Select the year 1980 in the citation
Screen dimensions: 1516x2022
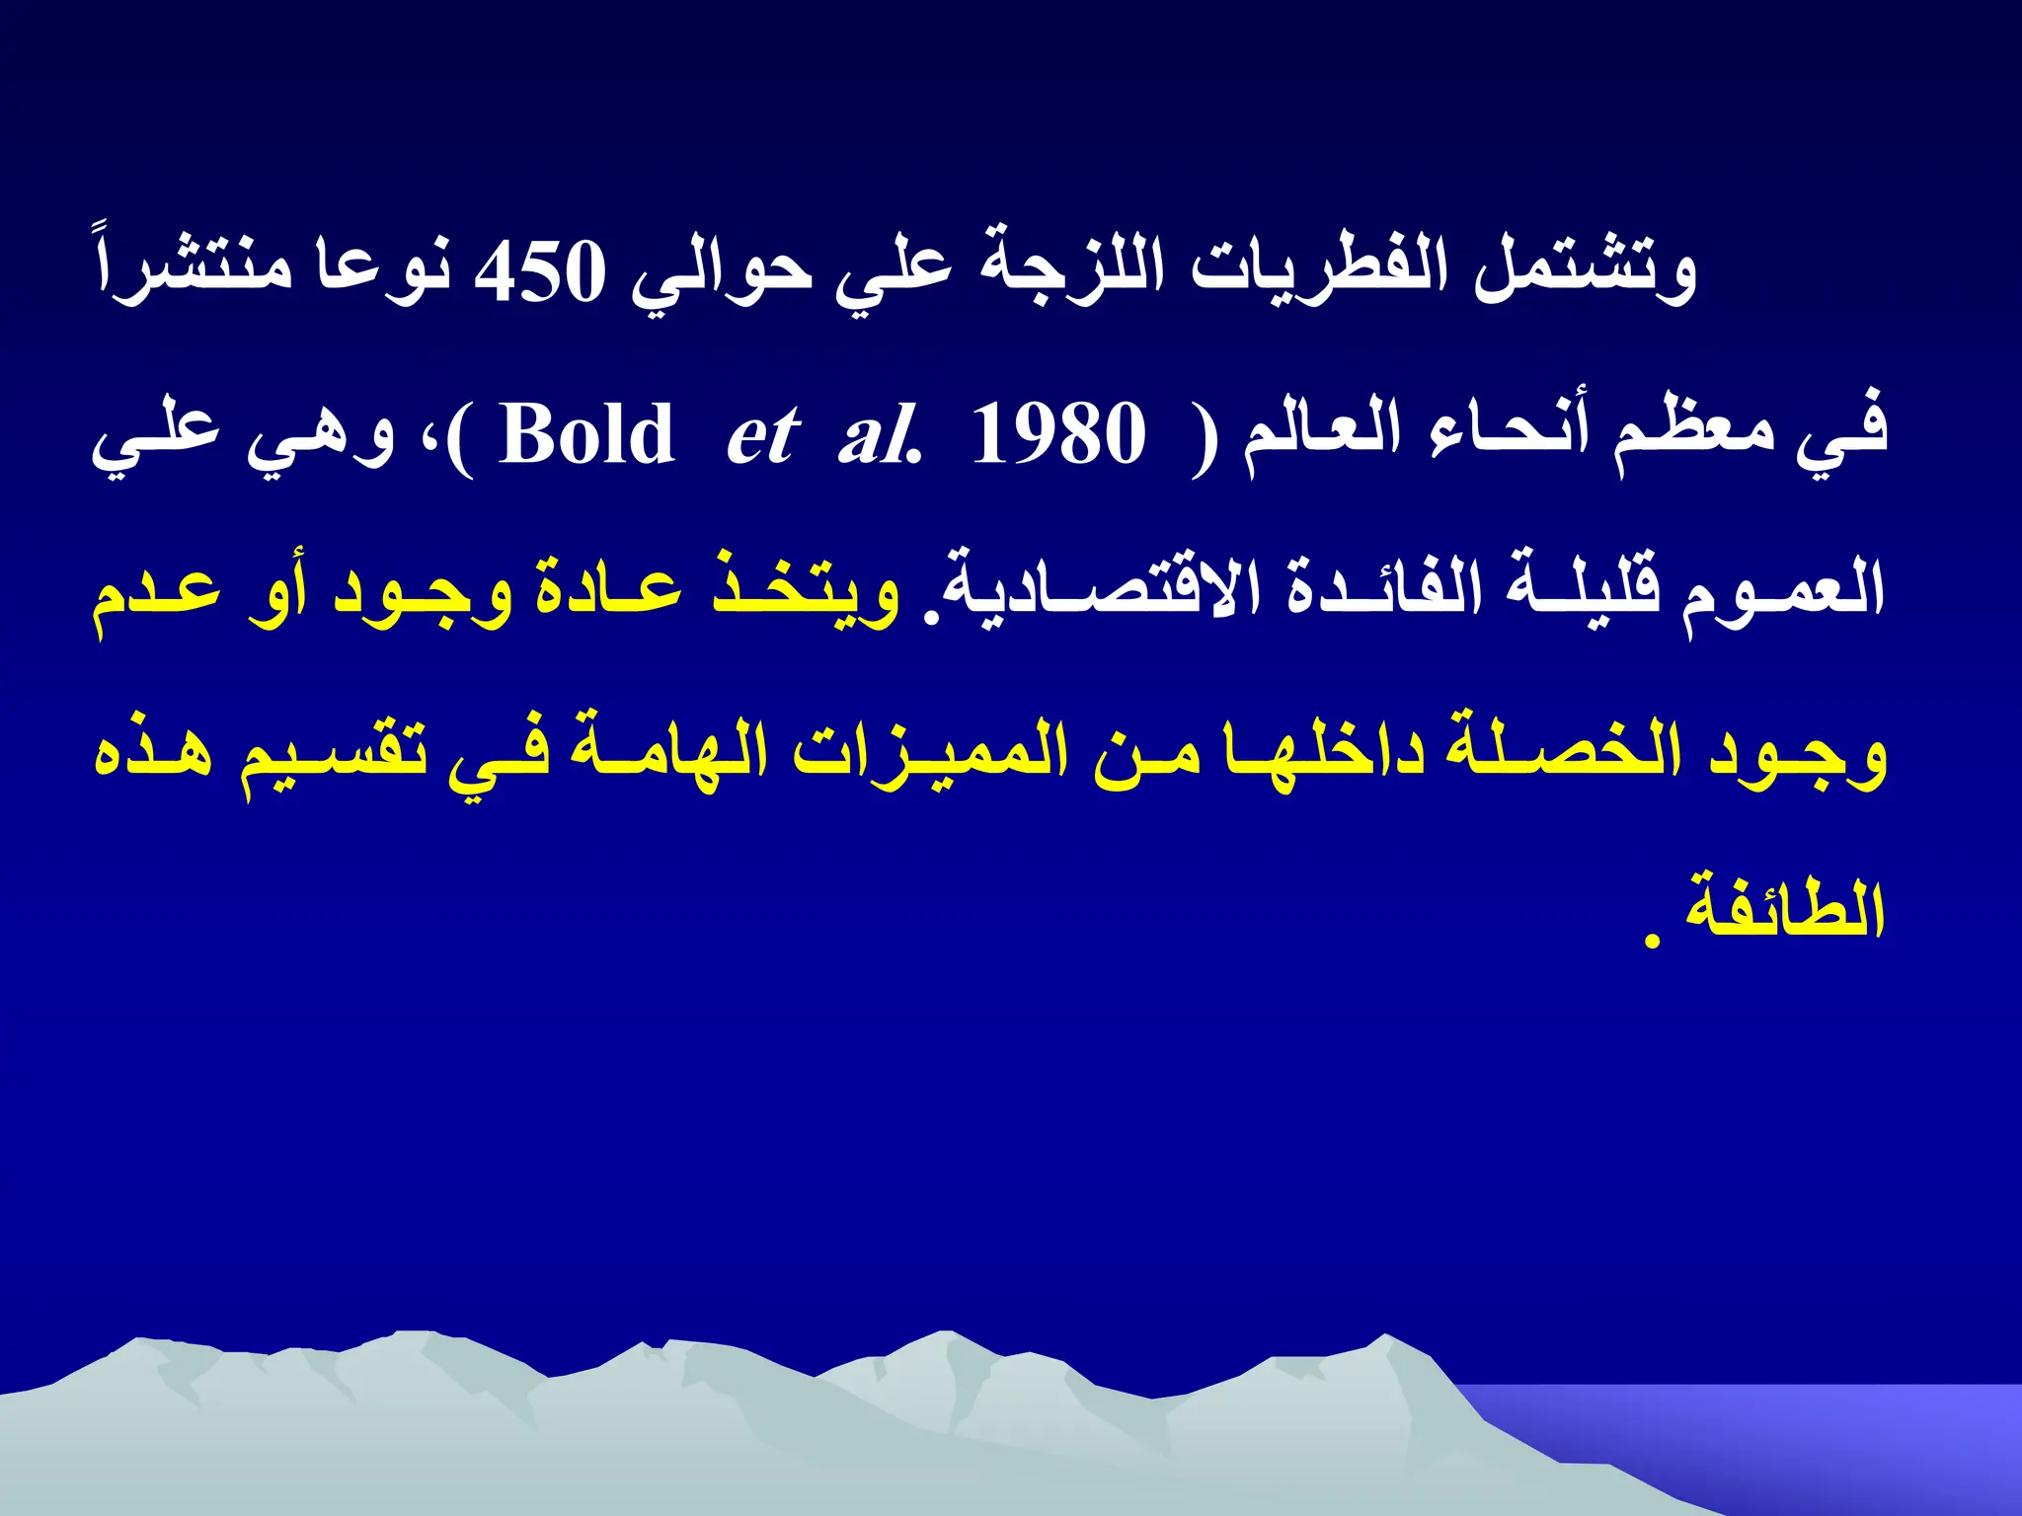pos(1058,435)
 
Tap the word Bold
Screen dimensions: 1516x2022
pos(586,435)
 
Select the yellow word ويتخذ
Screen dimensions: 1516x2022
pos(806,592)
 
